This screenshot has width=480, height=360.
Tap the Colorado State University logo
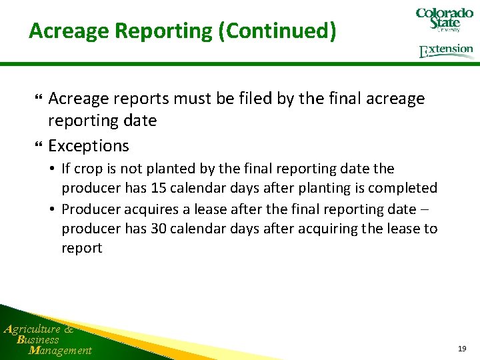click(444, 20)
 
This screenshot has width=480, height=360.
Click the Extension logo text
click(447, 51)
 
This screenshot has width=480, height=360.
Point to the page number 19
click(462, 349)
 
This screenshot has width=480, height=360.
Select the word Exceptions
click(89, 145)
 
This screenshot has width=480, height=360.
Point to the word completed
click(408, 189)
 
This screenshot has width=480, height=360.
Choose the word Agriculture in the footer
click(31, 329)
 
